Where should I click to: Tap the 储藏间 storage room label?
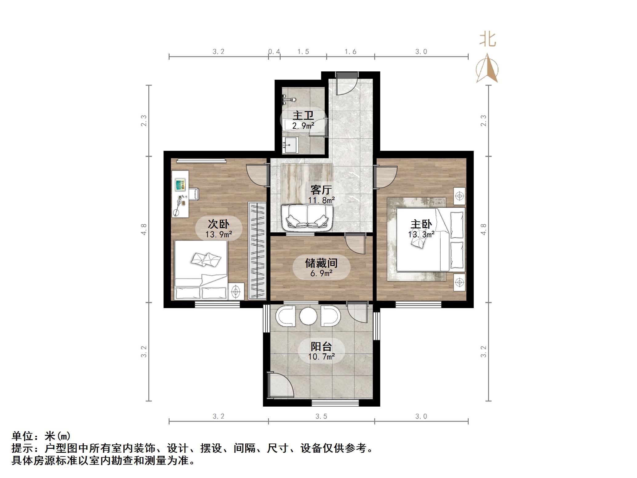pyautogui.click(x=321, y=263)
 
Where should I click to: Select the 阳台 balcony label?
pyautogui.click(x=321, y=347)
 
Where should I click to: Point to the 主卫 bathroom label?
pyautogui.click(x=303, y=115)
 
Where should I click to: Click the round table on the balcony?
pyautogui.click(x=308, y=316)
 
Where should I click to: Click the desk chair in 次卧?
pyautogui.click(x=194, y=194)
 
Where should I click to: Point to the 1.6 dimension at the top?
pyautogui.click(x=350, y=52)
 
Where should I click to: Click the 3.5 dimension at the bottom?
pyautogui.click(x=321, y=416)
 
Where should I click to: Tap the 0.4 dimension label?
pyautogui.click(x=274, y=52)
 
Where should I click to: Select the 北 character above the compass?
pyautogui.click(x=488, y=39)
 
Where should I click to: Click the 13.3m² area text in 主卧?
pyautogui.click(x=421, y=235)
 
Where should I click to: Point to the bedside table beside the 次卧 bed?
pyautogui.click(x=236, y=291)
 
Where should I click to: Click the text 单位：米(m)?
pyautogui.click(x=41, y=436)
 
